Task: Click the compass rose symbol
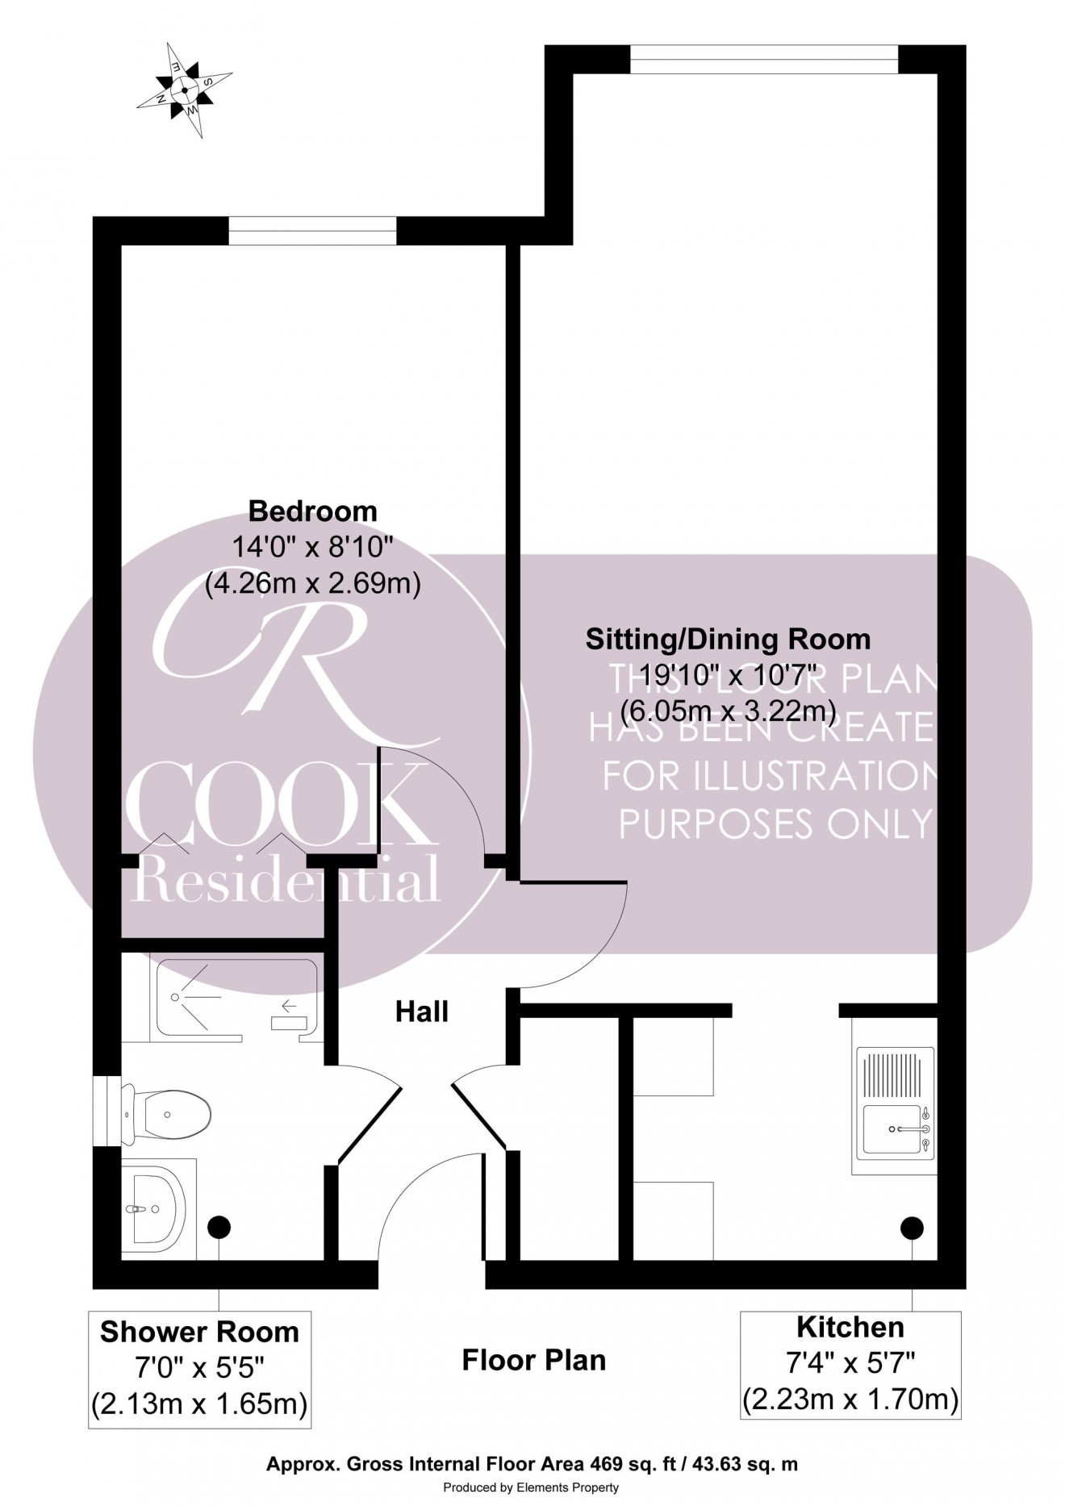[x=185, y=90]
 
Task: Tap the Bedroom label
[x=312, y=511]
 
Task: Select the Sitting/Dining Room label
[x=728, y=639]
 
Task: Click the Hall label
[x=421, y=1012]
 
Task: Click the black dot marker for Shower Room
[x=219, y=1228]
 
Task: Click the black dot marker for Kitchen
[x=912, y=1228]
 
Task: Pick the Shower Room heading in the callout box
[x=199, y=1332]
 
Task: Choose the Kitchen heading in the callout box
[x=850, y=1327]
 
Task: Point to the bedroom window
[x=312, y=231]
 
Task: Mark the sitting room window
[x=763, y=60]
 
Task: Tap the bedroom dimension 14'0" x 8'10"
[x=312, y=548]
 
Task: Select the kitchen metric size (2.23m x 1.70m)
[x=850, y=1400]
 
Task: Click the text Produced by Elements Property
[x=532, y=1487]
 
